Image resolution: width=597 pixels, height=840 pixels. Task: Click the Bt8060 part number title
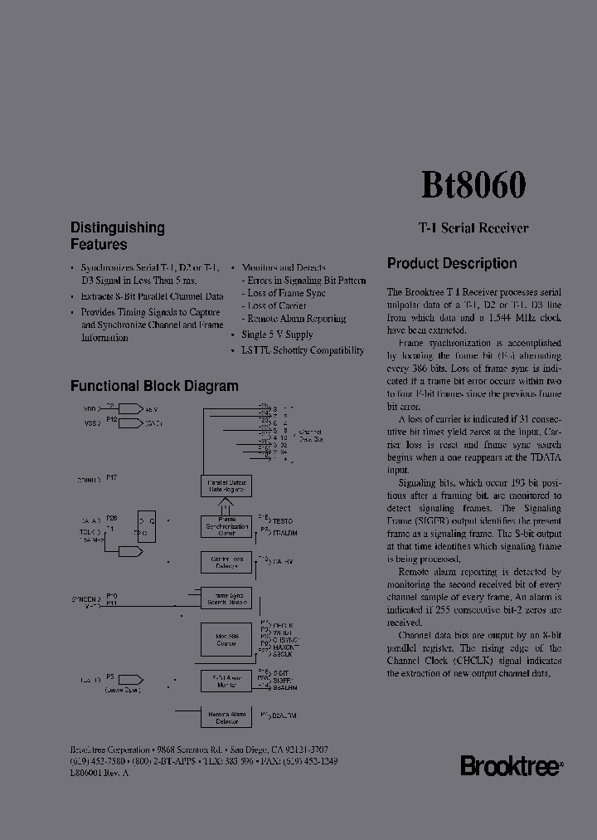(x=473, y=185)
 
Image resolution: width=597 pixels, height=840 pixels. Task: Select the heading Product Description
(x=452, y=264)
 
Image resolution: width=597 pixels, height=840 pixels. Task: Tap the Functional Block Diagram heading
(x=154, y=386)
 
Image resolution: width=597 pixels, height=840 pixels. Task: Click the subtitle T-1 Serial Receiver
(x=473, y=228)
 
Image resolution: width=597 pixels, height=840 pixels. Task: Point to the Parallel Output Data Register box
(x=226, y=486)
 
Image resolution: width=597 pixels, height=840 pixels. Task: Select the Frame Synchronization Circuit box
(x=226, y=526)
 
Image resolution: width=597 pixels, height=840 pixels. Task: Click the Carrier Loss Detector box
(x=226, y=563)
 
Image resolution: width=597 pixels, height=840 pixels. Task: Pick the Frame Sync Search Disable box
(x=226, y=598)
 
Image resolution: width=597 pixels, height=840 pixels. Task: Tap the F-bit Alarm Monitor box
(x=226, y=681)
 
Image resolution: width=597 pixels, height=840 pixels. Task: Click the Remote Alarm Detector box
(x=226, y=717)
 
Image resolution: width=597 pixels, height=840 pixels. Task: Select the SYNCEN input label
(x=85, y=598)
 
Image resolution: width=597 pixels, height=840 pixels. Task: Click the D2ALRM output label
(x=284, y=715)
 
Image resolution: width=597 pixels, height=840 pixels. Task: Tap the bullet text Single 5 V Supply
(x=277, y=335)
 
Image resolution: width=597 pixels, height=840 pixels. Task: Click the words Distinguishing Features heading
(x=117, y=236)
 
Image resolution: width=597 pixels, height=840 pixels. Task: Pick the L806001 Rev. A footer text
(x=99, y=773)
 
